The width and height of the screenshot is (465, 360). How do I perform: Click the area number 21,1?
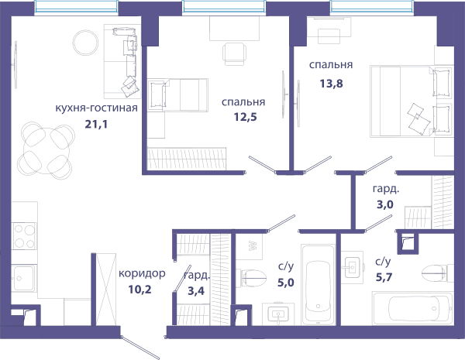click(96, 125)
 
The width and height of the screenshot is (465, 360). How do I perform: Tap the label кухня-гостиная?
click(96, 108)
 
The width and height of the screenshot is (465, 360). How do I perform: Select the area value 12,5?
click(245, 117)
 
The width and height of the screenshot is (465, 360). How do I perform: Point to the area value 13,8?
click(331, 84)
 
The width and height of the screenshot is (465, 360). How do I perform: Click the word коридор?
click(142, 273)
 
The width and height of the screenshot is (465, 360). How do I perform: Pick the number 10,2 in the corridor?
click(139, 290)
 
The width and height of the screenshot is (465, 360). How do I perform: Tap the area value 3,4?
click(196, 291)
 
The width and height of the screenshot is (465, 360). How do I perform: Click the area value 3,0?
click(385, 204)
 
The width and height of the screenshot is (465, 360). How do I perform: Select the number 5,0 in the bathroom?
click(286, 283)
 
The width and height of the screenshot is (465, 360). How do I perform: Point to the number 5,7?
click(384, 277)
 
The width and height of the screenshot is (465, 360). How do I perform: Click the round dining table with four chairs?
click(46, 150)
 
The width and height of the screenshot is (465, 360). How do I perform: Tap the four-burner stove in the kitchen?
click(24, 236)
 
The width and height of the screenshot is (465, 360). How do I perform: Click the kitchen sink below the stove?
click(24, 278)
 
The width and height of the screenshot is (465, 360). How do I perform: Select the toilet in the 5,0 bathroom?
click(251, 278)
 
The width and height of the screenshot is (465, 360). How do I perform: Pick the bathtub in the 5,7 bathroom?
click(413, 308)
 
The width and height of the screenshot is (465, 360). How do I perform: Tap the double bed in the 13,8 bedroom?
click(412, 101)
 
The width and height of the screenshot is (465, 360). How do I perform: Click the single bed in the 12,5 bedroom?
click(177, 95)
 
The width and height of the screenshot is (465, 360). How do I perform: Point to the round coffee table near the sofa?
click(85, 43)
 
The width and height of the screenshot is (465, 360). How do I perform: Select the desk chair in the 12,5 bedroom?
click(234, 54)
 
